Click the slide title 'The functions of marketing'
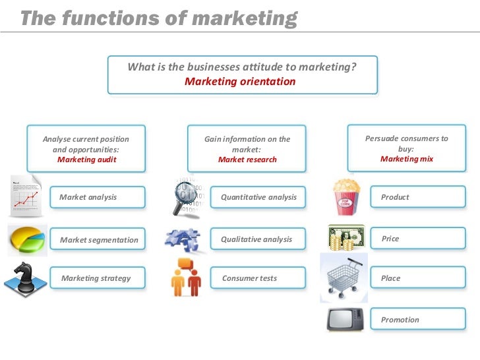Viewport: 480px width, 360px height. click(158, 18)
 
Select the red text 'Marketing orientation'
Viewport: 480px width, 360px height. click(240, 82)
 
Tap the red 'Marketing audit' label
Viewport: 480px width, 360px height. click(86, 160)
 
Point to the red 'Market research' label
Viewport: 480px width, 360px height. click(247, 160)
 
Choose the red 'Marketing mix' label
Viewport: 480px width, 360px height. click(407, 159)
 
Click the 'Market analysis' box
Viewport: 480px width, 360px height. click(96, 197)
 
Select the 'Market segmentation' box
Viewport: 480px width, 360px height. click(99, 240)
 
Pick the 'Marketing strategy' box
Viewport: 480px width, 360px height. click(96, 278)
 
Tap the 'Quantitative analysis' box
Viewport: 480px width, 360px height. click(258, 197)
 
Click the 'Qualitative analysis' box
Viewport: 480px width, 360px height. click(257, 239)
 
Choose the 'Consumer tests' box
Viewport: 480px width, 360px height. click(257, 278)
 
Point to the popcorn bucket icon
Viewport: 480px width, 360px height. click(345, 196)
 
